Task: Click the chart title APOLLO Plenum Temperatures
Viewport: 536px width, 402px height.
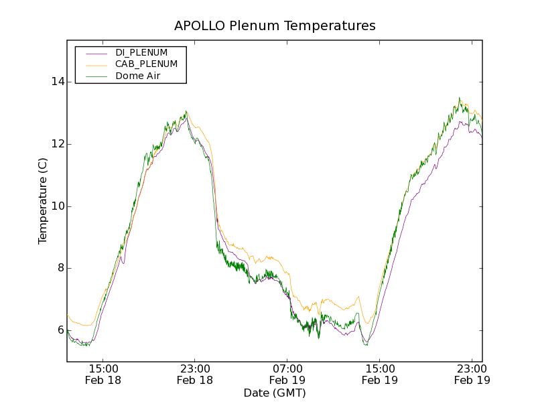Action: pos(275,26)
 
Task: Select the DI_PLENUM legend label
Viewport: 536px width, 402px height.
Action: pos(141,52)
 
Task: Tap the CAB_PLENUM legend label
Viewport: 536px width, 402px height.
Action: pos(146,64)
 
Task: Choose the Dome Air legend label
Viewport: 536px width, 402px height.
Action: pos(138,76)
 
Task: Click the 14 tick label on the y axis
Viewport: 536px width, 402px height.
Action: pos(56,82)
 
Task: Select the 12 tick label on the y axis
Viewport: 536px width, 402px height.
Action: pos(56,144)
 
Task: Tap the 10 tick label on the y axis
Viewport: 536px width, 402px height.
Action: pos(56,206)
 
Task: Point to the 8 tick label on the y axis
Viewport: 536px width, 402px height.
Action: pos(58,268)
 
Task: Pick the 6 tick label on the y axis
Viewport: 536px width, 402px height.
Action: pos(58,330)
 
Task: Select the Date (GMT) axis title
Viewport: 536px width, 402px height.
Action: pos(275,393)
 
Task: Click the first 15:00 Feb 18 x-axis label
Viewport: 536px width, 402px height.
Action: pos(103,375)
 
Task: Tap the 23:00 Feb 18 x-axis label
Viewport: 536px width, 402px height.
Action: pos(195,375)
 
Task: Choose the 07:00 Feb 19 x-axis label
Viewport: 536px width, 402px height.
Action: pos(287,375)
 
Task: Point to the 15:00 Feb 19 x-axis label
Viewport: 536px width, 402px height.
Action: pos(379,375)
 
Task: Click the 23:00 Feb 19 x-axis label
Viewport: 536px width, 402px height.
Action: pos(472,375)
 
